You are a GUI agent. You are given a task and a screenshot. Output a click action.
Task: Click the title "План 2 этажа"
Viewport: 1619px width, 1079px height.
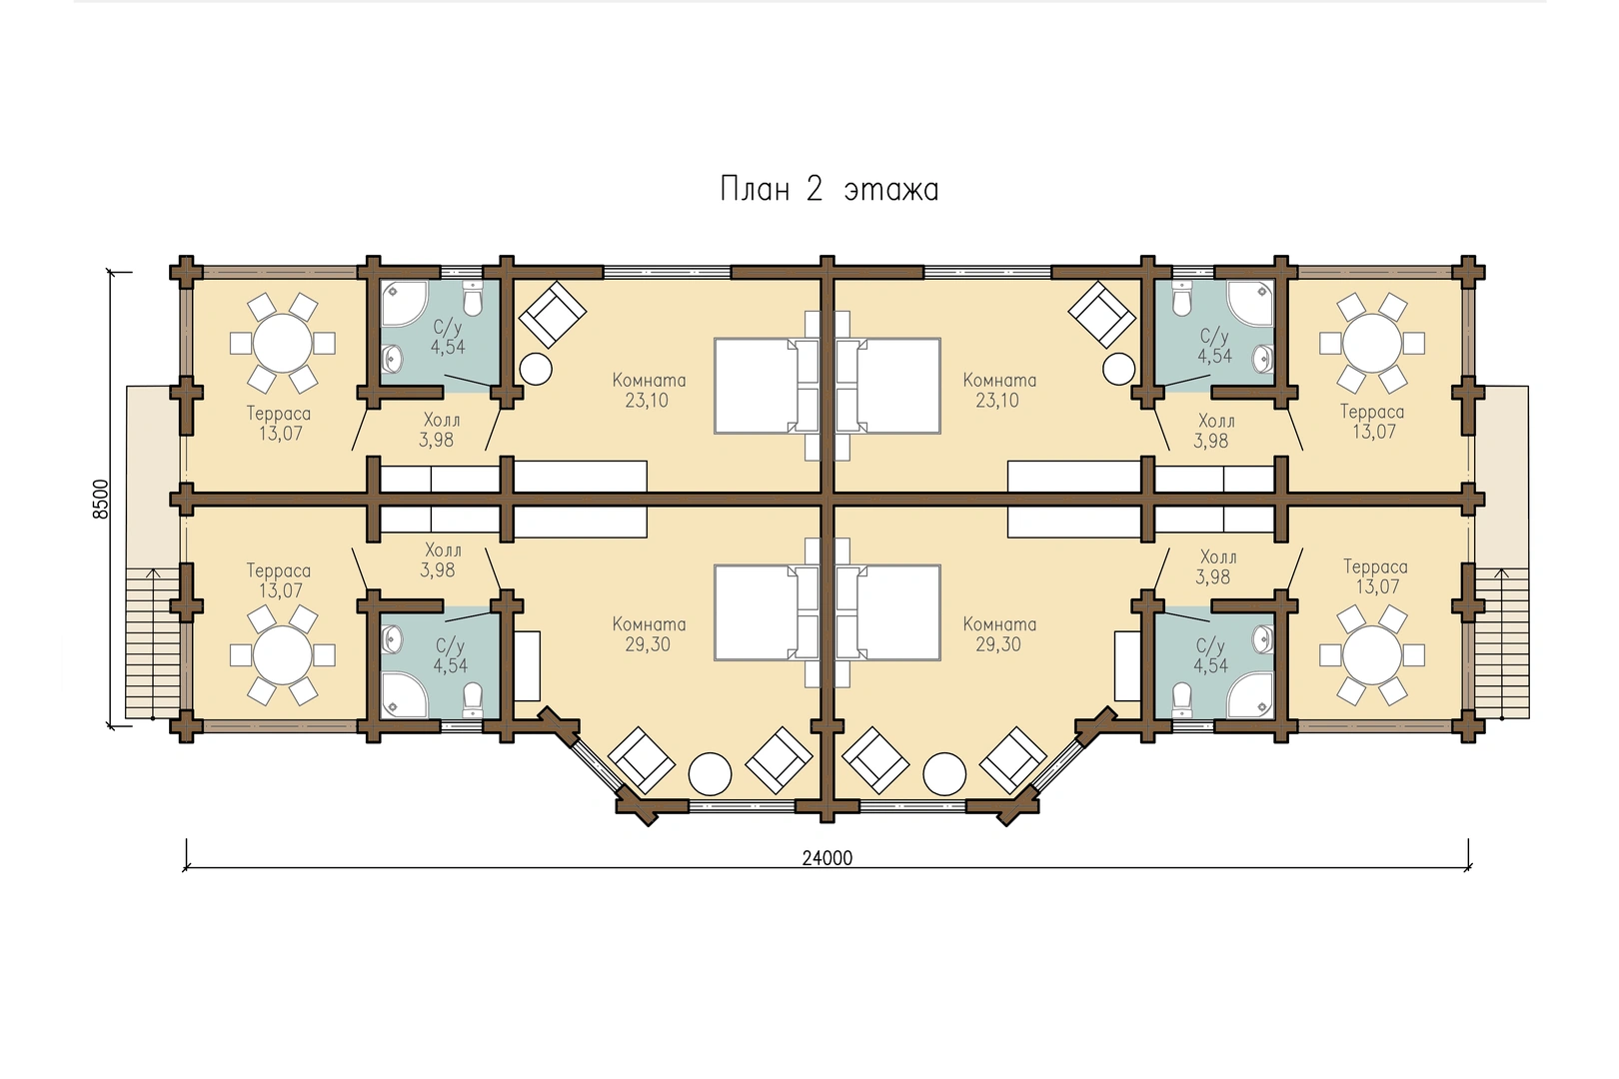coord(829,190)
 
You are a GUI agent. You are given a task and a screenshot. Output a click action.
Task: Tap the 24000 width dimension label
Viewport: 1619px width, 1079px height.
coord(826,858)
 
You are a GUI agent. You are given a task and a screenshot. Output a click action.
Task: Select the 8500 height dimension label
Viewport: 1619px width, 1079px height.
coord(101,499)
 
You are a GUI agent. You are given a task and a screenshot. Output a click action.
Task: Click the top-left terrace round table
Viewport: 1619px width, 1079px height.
coord(282,343)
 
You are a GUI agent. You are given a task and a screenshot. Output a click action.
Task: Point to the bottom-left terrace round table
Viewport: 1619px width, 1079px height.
coord(282,655)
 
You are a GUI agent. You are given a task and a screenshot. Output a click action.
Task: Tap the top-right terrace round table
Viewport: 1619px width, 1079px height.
coord(1372,344)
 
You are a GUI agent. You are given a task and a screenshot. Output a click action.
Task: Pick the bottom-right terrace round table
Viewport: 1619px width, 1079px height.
coord(1372,655)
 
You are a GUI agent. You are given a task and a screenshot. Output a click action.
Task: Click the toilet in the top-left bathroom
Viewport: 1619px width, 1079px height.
coord(472,299)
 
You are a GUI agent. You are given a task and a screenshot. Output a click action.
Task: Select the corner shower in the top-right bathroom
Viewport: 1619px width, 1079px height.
coord(1249,304)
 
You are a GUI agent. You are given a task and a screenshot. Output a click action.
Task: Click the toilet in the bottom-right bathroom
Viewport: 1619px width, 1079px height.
coord(1181,700)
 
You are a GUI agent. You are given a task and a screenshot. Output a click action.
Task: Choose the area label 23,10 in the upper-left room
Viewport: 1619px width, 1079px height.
coord(647,401)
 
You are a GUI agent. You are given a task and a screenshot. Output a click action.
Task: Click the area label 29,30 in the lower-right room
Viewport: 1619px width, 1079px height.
coord(998,644)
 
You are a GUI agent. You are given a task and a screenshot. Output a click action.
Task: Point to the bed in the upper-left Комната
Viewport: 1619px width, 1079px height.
coord(767,386)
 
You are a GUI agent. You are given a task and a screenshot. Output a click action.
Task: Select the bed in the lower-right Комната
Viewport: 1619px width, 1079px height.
coord(889,612)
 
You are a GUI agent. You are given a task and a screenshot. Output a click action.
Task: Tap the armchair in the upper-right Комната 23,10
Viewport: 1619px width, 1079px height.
coord(1101,314)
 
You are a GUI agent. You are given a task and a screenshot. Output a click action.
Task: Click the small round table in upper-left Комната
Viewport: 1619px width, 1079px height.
coord(536,369)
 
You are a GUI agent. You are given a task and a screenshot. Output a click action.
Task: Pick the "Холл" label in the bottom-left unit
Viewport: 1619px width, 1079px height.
coord(443,549)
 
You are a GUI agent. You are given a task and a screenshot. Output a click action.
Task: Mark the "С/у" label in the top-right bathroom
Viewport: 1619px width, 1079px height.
coord(1214,336)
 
